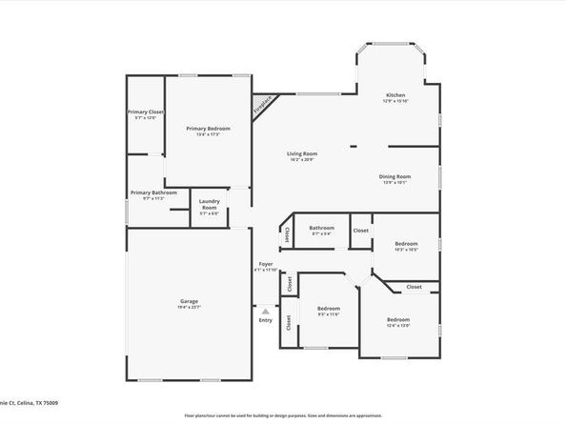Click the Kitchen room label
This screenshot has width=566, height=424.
395,95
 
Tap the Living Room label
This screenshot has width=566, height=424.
302,153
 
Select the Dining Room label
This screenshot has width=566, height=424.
395,176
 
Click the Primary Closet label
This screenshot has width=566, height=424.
146,111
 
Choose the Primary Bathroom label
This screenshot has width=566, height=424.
148,192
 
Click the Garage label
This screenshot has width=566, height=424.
190,301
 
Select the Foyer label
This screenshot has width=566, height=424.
266,264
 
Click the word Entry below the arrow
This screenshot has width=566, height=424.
265,319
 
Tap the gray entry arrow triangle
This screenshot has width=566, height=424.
265,311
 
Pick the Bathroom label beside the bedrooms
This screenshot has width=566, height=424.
321,228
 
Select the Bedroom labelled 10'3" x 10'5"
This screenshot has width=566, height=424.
406,243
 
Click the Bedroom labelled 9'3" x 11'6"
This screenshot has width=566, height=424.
329,308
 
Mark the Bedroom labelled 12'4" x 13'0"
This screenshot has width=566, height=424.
397,319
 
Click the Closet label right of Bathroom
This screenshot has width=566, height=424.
361,230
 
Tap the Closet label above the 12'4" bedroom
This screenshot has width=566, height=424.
414,287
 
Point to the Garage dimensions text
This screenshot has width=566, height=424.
190,307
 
